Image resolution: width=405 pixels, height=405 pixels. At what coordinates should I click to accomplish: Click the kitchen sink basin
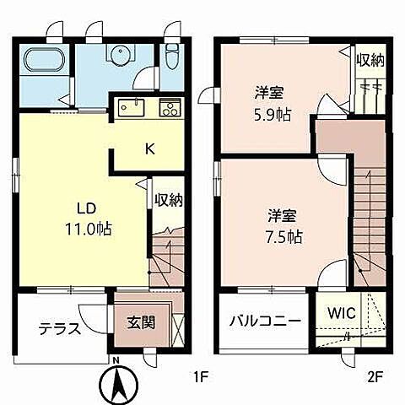click(x=130, y=108)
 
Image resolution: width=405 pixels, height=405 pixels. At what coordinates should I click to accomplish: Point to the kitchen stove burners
click(x=170, y=109)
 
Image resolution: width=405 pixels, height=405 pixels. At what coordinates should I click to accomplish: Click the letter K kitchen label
click(x=148, y=149)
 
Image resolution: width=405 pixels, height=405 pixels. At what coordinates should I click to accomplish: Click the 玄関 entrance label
click(x=140, y=321)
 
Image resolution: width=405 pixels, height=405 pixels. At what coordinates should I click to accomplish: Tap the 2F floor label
click(x=373, y=377)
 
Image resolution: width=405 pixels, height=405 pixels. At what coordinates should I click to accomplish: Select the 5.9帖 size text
click(x=273, y=115)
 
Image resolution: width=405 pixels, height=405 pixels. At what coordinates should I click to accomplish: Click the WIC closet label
click(x=342, y=313)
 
